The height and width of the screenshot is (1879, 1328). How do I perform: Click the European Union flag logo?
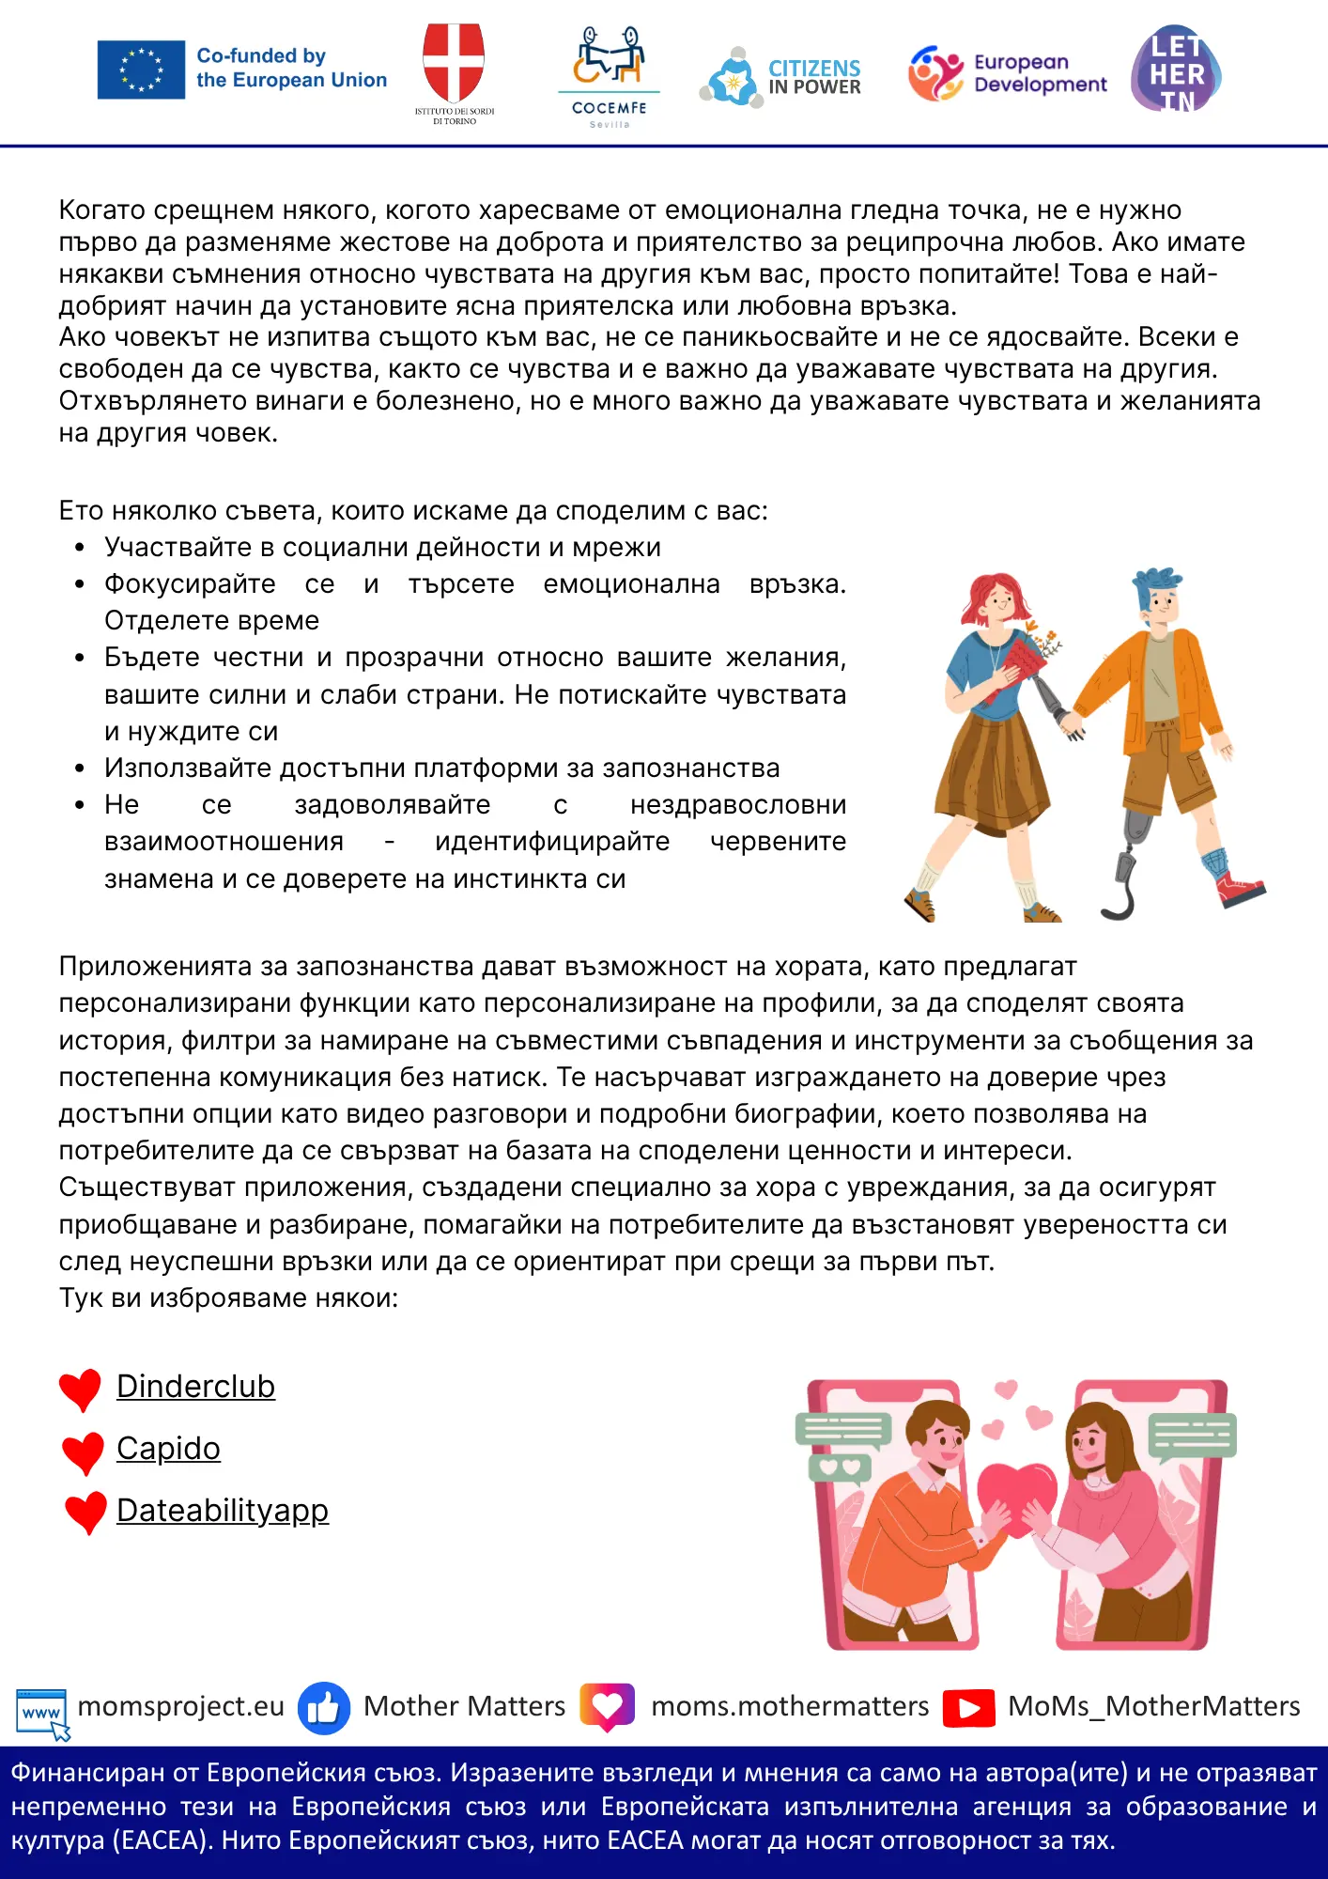click(141, 70)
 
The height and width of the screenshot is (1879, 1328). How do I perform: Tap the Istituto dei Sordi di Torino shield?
click(454, 62)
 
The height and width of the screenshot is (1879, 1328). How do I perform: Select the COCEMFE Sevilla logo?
click(609, 75)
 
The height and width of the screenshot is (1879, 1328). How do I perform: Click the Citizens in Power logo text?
click(814, 77)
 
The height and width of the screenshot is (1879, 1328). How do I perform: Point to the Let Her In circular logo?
click(1176, 70)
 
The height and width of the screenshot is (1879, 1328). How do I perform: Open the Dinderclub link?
click(195, 1387)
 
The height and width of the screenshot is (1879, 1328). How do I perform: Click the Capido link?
click(168, 1449)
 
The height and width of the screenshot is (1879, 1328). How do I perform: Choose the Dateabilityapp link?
click(223, 1511)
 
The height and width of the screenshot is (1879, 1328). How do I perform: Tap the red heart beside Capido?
click(83, 1452)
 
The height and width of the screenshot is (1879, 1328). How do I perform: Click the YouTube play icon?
click(968, 1707)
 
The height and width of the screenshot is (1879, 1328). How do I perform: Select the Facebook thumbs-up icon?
click(324, 1707)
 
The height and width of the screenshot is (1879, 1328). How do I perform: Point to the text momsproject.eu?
click(180, 1706)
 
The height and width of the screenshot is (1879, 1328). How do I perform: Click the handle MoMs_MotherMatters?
click(1153, 1706)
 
